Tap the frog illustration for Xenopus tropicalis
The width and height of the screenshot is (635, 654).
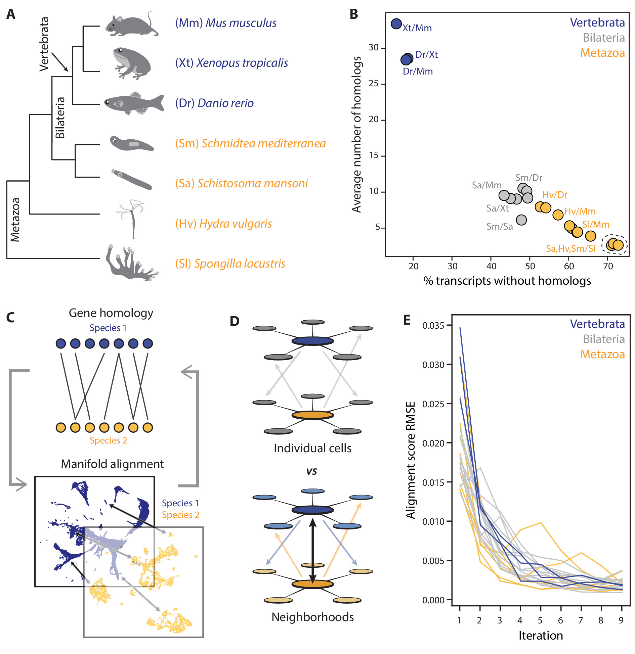(132, 63)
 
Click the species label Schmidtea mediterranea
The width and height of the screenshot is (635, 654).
(250, 143)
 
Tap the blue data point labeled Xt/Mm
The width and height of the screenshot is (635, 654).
(396, 24)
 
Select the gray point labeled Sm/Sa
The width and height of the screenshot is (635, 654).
(521, 220)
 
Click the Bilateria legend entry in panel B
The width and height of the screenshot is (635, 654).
(603, 38)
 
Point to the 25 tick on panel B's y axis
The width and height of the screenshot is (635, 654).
(374, 84)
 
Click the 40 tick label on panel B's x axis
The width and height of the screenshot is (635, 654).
(491, 266)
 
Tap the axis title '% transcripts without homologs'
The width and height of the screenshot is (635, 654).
(507, 281)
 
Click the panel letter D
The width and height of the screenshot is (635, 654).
(235, 321)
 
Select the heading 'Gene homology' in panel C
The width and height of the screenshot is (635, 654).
(111, 313)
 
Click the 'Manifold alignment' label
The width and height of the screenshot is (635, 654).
(112, 464)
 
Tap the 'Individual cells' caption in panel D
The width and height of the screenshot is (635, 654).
(312, 448)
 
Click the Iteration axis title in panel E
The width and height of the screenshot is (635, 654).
(540, 636)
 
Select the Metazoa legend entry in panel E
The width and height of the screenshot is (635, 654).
(602, 354)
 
